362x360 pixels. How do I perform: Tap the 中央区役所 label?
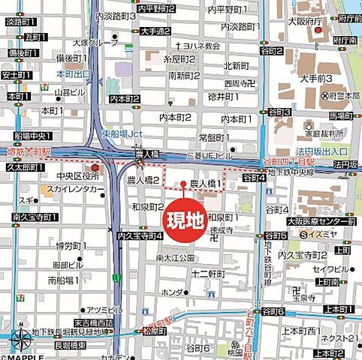(60, 178)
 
